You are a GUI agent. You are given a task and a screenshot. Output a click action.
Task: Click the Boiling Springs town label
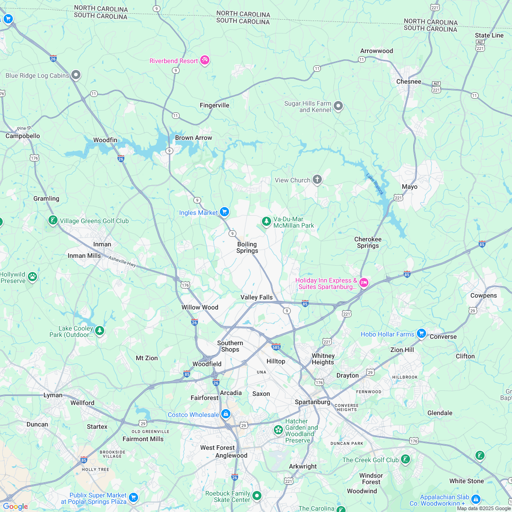click(247, 247)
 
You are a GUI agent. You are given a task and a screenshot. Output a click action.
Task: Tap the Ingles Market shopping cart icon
click(224, 212)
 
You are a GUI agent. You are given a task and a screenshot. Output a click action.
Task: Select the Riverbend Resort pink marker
click(205, 60)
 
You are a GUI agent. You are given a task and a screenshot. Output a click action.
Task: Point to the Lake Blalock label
click(374, 184)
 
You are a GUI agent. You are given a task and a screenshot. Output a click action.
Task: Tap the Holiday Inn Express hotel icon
click(364, 283)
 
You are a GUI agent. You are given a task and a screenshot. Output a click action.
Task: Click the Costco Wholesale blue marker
click(225, 414)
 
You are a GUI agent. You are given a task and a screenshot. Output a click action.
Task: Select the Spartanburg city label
click(312, 402)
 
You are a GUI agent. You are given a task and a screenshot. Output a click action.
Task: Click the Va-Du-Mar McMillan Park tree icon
click(267, 221)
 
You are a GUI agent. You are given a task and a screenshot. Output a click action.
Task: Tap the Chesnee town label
click(409, 81)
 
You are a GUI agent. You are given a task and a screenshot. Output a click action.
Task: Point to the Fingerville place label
click(214, 105)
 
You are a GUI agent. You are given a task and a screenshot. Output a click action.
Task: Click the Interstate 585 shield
click(276, 347)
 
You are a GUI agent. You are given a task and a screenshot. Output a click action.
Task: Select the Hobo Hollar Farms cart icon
click(421, 333)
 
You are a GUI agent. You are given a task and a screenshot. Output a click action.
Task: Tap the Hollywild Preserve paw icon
click(32, 276)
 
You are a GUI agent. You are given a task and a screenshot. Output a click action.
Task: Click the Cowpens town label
click(483, 295)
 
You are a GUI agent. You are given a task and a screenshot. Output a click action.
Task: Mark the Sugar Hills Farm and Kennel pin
click(338, 106)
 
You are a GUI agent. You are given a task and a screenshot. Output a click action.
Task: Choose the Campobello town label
click(22, 136)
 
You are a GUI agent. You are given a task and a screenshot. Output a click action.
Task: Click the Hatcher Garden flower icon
click(278, 430)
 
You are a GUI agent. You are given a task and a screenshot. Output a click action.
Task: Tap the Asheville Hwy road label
click(122, 262)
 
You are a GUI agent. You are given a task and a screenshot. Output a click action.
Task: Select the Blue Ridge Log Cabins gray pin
click(76, 75)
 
